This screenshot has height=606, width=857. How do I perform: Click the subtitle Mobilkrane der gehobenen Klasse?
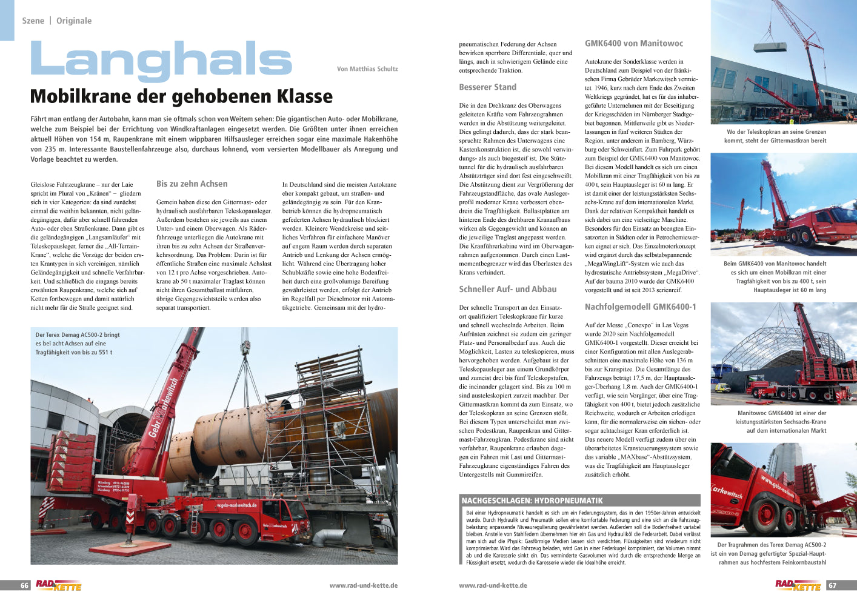click(181, 96)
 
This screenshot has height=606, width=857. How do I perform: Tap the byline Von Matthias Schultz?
click(367, 69)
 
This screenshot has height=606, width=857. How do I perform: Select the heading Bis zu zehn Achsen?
click(192, 184)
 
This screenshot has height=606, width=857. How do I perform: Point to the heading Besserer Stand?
click(487, 87)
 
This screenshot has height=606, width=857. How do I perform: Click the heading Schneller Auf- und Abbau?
click(507, 289)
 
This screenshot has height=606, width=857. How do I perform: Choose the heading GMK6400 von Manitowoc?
click(633, 44)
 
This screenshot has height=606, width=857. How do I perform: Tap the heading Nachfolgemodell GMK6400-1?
click(640, 307)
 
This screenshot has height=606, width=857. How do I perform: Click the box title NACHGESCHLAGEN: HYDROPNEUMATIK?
click(532, 501)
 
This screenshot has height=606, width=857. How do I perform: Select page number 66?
click(25, 585)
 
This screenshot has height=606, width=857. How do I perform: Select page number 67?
click(832, 585)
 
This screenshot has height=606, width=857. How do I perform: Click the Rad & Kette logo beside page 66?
click(58, 585)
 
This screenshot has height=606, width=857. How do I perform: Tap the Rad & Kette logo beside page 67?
click(798, 585)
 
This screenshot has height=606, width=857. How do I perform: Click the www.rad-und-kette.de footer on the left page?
click(363, 585)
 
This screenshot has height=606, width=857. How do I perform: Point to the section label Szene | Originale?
click(57, 21)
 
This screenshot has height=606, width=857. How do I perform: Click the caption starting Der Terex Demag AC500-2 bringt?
click(78, 343)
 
